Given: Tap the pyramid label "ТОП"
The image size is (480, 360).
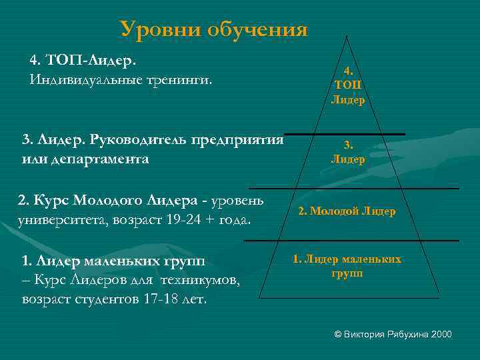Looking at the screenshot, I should point(348,85).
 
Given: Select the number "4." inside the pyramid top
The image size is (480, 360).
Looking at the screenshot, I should point(348,70).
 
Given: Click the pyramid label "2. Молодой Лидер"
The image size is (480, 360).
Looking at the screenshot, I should point(347,211).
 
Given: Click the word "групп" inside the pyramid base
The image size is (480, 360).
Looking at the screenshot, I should point(347,274).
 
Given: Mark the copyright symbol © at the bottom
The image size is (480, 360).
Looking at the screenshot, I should point(337,333).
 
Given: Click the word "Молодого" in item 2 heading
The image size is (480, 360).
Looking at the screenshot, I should point(104,200).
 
